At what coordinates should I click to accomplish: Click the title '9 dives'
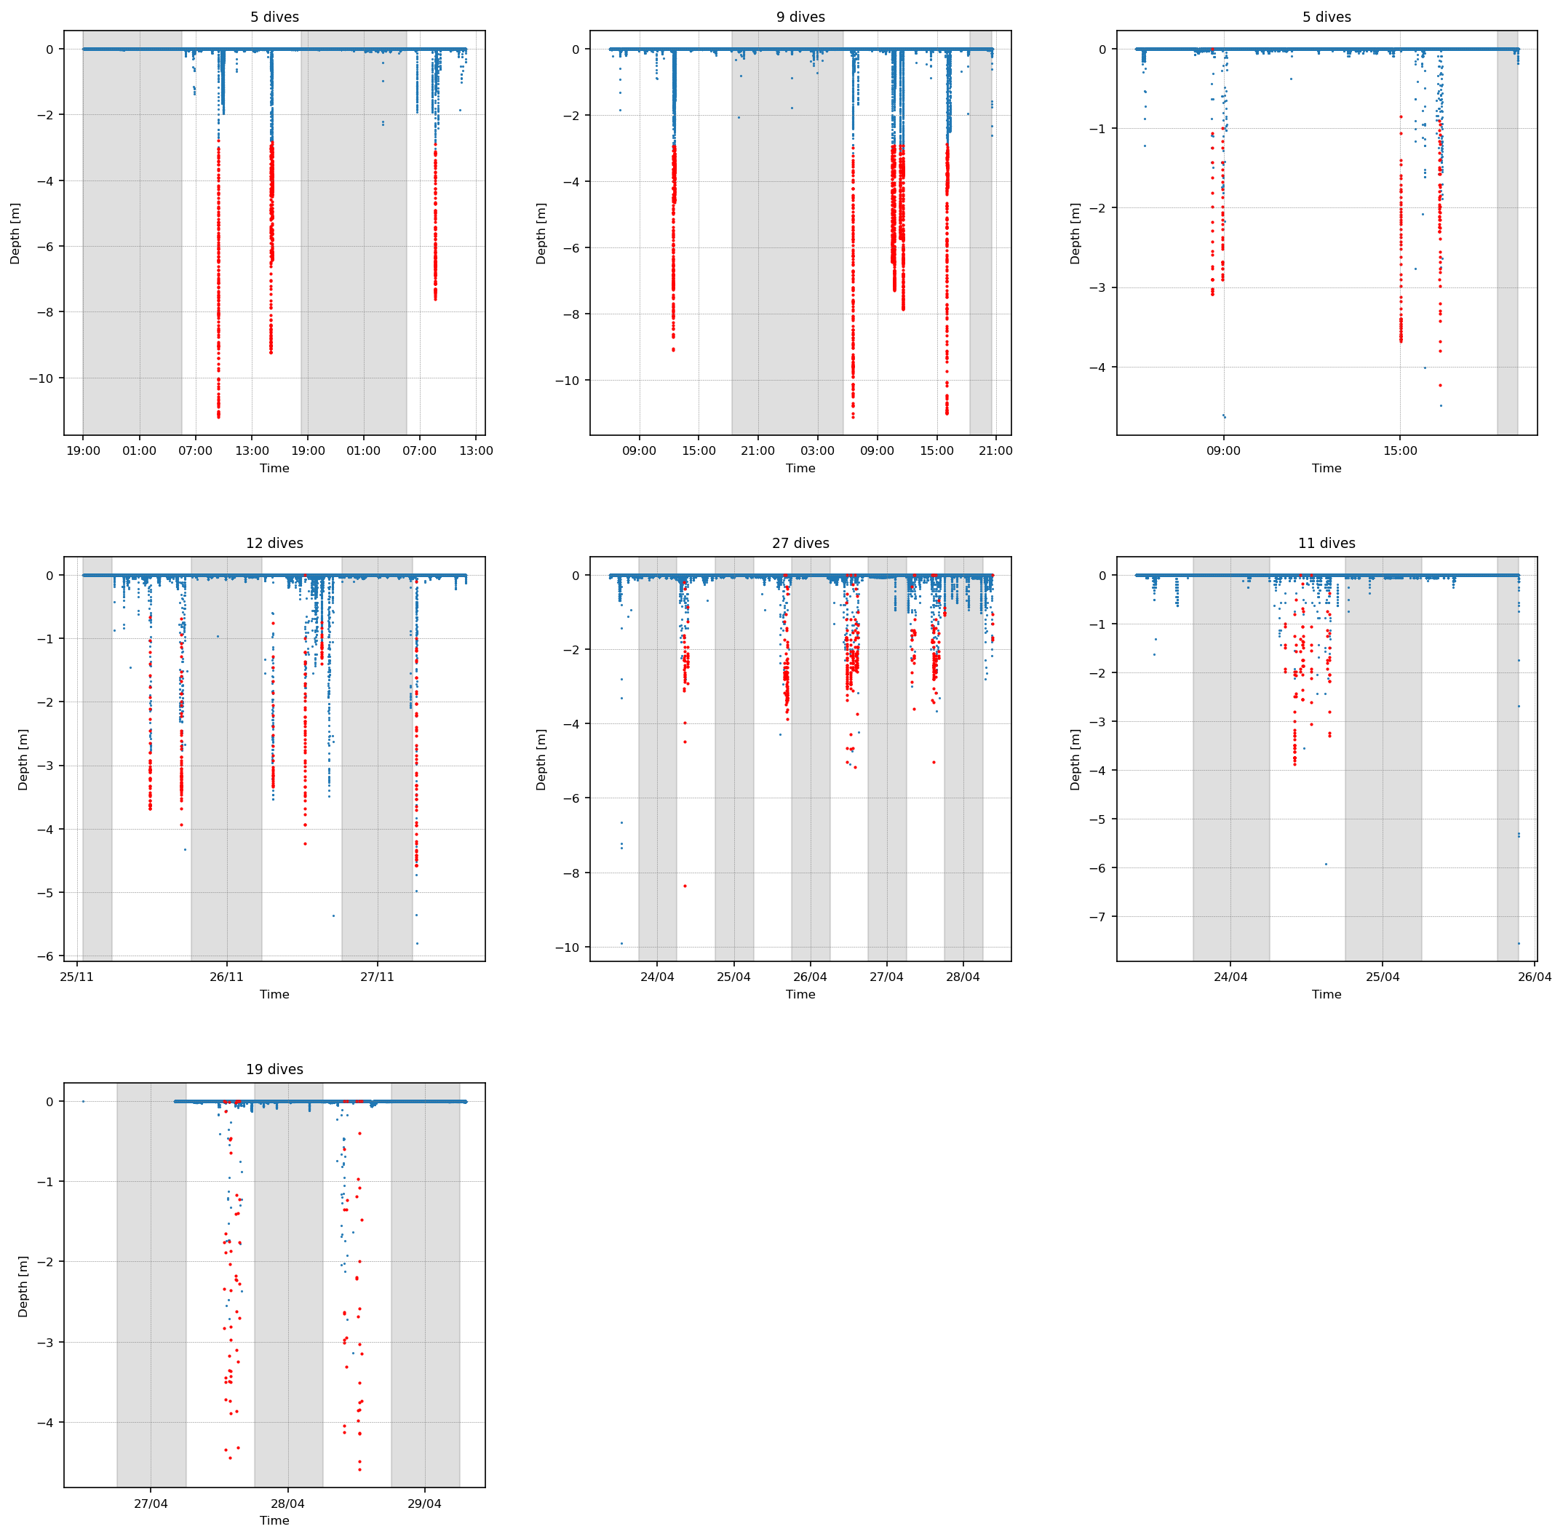[800, 17]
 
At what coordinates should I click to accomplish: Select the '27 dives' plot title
[800, 544]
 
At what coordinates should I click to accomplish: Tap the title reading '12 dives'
[274, 544]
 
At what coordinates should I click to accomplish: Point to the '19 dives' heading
[274, 1070]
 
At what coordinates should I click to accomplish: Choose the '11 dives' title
[1327, 544]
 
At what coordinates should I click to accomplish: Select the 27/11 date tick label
[377, 977]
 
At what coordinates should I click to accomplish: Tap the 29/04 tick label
[425, 1503]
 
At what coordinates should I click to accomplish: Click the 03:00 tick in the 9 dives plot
[817, 450]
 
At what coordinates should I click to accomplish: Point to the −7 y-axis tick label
[1097, 917]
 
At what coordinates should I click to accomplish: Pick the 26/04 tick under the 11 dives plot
[1534, 977]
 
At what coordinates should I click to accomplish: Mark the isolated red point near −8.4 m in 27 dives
[685, 886]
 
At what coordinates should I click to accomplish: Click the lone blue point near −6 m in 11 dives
[1326, 865]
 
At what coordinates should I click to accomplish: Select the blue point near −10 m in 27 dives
[621, 943]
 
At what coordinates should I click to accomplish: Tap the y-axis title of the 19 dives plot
[23, 1286]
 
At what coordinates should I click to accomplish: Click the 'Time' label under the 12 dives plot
[274, 995]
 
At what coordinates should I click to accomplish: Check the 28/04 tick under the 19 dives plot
[287, 1503]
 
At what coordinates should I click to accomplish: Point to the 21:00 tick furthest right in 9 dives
[995, 450]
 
